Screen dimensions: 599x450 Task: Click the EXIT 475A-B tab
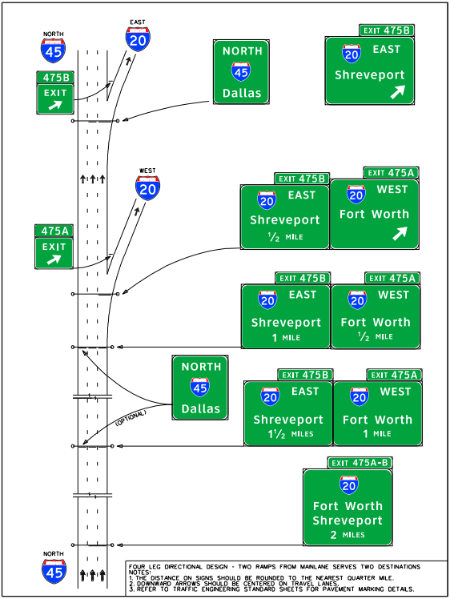point(360,463)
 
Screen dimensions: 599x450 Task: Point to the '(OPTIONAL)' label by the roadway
point(131,417)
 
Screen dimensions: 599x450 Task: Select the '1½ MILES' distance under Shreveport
point(288,434)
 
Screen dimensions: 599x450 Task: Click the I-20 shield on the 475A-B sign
point(348,484)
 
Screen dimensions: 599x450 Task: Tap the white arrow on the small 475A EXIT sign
point(54,259)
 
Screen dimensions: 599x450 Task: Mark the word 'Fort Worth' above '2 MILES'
point(348,506)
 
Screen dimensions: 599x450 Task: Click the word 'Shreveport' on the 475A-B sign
point(348,521)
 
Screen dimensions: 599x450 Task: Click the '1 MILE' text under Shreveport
point(286,337)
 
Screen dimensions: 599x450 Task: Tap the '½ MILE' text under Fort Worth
point(375,337)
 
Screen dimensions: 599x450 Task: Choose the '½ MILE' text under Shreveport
point(285,238)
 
